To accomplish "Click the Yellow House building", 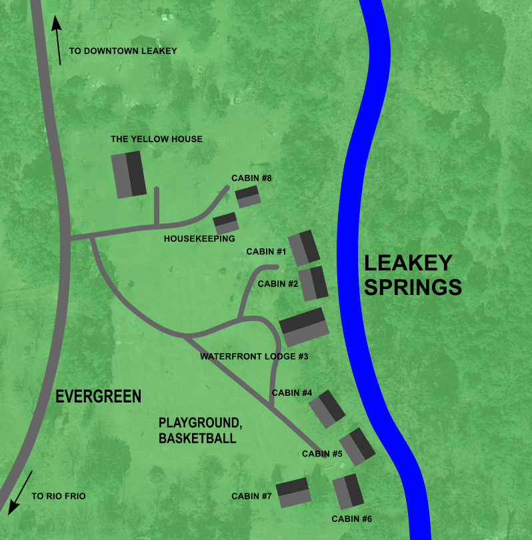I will (129, 174).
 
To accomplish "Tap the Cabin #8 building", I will (247, 196).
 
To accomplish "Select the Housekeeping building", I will (226, 222).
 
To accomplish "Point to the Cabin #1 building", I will (304, 248).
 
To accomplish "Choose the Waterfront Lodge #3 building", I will (305, 326).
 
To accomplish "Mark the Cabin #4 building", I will (327, 409).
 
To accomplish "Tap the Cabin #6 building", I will (347, 492).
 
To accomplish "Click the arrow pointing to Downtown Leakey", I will (58, 40).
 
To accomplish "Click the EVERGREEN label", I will (98, 396).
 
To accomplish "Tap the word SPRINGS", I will (413, 287).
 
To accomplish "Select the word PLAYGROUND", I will (199, 423).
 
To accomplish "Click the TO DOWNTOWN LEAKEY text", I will (123, 51).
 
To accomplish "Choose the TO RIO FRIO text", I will (59, 496).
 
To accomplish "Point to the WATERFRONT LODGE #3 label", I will (254, 356).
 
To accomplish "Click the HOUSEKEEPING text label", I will (199, 238).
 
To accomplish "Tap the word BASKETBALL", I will (197, 439).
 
